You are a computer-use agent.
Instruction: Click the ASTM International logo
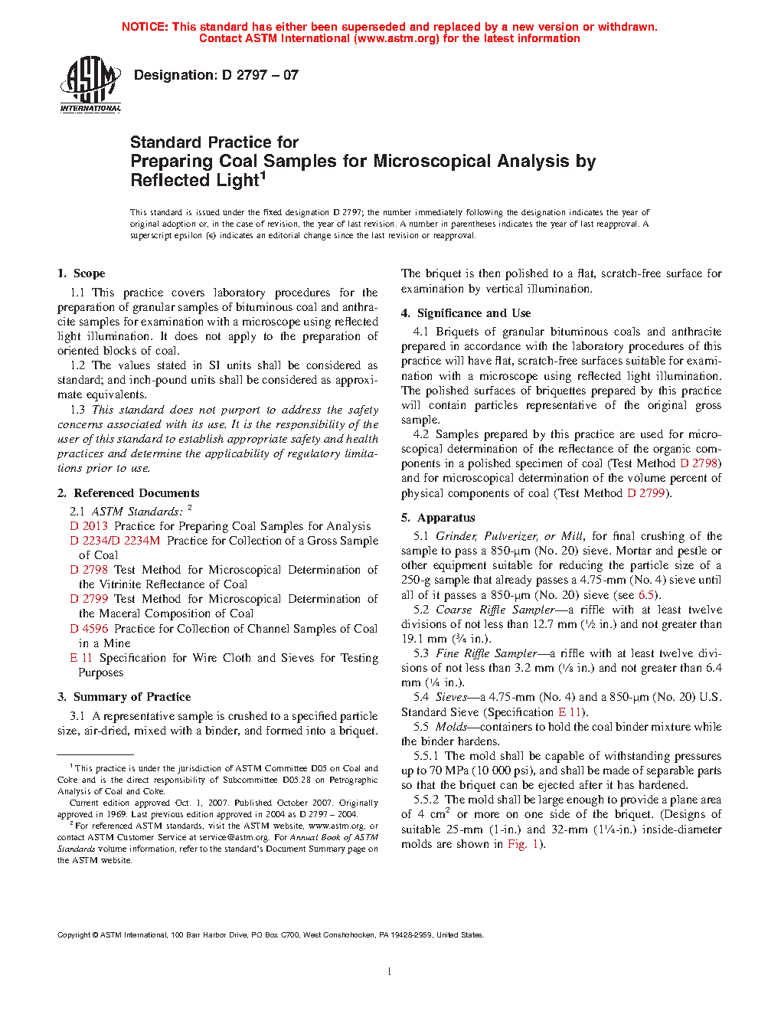click(x=90, y=84)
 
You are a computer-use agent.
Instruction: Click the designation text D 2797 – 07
click(x=216, y=75)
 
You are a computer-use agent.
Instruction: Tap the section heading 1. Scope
click(x=81, y=273)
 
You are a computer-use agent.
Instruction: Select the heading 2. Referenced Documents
click(x=128, y=493)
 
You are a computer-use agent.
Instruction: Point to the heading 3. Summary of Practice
click(x=124, y=697)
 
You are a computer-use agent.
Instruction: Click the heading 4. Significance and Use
click(x=466, y=313)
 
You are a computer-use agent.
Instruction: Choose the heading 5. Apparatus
click(x=438, y=518)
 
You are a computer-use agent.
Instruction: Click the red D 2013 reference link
click(x=89, y=526)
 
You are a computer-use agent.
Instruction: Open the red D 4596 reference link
click(x=89, y=629)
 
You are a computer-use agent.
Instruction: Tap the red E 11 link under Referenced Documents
click(x=81, y=658)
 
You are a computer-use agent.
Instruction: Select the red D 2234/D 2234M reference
click(x=115, y=541)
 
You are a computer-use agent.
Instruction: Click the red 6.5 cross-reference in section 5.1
click(x=646, y=595)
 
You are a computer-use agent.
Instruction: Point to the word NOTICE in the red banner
click(x=145, y=27)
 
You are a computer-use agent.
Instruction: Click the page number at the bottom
click(x=390, y=972)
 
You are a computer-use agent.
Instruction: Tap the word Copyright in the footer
click(x=74, y=935)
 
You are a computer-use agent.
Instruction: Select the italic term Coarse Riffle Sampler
click(x=495, y=610)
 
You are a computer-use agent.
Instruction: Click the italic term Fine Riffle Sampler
click(x=486, y=653)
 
